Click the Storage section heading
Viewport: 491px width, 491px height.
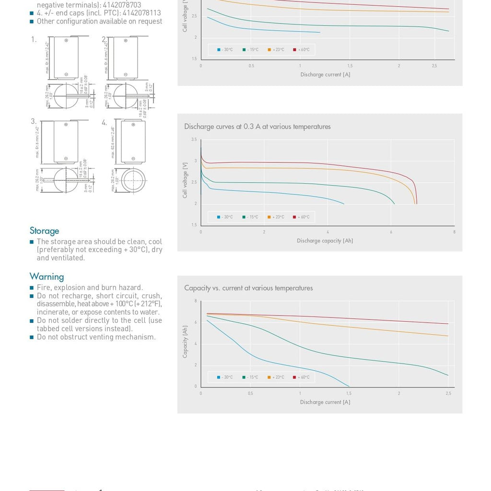pos(44,231)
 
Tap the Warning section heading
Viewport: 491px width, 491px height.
pos(47,277)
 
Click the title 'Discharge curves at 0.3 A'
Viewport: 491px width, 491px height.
pos(257,127)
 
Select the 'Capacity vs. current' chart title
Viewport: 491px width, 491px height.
pos(248,288)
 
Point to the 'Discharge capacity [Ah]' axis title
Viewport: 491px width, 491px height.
pos(325,241)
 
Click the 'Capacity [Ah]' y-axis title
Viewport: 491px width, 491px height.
pos(185,342)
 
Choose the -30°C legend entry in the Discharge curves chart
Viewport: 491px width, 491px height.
pos(225,217)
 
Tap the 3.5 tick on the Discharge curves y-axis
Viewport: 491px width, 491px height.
pos(194,140)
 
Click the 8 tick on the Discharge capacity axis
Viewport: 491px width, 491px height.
pos(454,232)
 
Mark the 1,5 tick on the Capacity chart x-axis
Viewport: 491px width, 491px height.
pos(349,394)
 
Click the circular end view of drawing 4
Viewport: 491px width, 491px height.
pos(133,181)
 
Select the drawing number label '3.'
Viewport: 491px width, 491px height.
pos(34,122)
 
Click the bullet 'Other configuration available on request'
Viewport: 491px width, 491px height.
pos(99,21)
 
